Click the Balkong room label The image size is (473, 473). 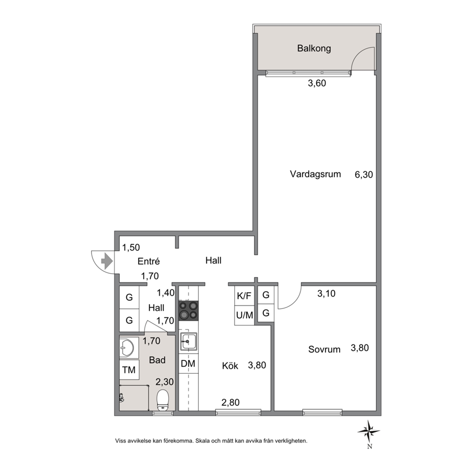coord(314,49)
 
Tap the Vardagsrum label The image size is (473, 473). coord(315,174)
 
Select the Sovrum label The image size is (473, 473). coord(324,350)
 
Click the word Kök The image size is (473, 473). coord(230,366)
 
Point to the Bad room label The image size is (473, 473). coord(157,360)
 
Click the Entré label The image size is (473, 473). coord(148,261)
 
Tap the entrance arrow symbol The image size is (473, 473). coord(107,261)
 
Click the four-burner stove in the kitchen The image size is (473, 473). coord(188,311)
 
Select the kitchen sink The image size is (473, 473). coord(188,341)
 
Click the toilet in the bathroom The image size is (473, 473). coord(163,400)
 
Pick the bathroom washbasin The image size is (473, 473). coord(127,348)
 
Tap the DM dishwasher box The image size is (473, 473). coord(188,363)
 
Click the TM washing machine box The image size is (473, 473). coord(129,370)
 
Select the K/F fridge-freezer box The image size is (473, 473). coord(244,296)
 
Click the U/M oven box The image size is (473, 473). coord(244,315)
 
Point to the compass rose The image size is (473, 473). coord(369,432)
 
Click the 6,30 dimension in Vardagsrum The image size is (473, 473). coord(364,175)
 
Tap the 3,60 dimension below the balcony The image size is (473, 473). coord(317,83)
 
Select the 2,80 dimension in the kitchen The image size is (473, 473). coord(230,402)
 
